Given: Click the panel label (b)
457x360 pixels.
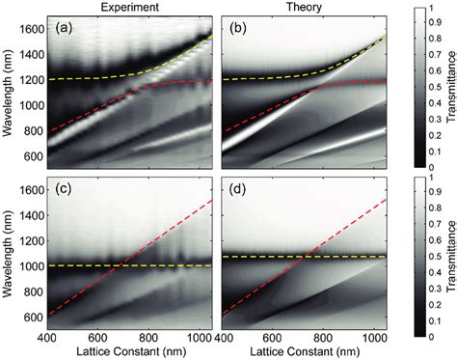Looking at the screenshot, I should pos(240,28).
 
